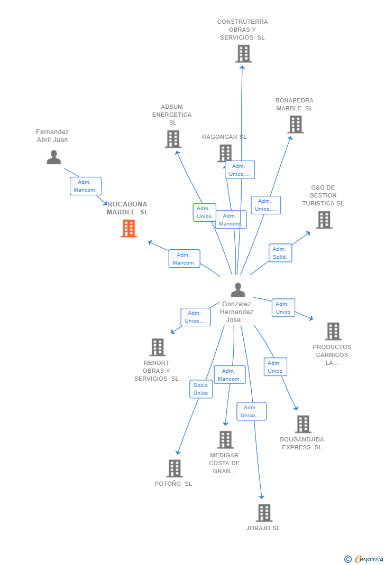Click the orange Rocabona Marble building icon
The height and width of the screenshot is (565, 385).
click(129, 228)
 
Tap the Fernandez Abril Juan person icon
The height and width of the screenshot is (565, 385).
click(54, 157)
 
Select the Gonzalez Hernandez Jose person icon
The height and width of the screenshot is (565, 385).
click(238, 289)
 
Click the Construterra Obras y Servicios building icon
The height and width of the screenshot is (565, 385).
click(243, 54)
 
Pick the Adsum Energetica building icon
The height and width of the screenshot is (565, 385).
click(173, 139)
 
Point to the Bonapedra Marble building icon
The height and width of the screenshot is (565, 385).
click(295, 125)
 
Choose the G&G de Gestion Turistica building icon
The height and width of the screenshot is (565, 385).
click(324, 220)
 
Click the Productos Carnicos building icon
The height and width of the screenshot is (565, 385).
click(333, 331)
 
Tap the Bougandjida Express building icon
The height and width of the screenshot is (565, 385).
click(303, 424)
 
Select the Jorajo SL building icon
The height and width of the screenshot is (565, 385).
click(264, 513)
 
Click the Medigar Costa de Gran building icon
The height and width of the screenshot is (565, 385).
click(225, 439)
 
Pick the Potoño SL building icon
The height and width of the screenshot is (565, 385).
click(174, 468)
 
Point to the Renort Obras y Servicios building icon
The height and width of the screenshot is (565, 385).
click(158, 347)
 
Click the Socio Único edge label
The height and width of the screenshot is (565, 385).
click(201, 389)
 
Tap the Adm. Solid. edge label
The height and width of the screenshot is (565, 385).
click(280, 253)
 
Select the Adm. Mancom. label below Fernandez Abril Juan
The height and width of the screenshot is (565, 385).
click(86, 186)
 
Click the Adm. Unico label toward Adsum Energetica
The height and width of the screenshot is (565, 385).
click(204, 212)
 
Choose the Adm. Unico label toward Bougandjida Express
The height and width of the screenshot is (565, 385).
click(275, 367)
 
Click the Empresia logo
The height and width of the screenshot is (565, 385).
click(364, 559)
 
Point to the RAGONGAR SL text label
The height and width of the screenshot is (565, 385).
click(224, 137)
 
